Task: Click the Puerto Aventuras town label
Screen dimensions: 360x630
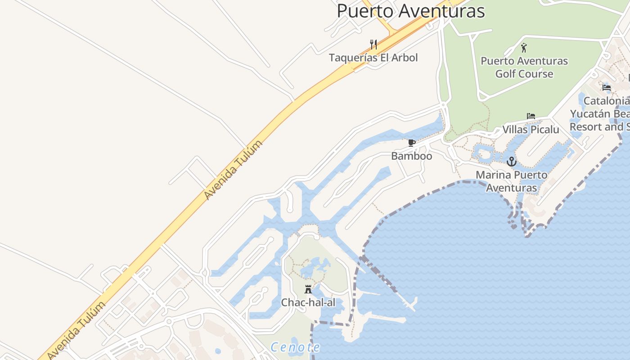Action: pos(410,11)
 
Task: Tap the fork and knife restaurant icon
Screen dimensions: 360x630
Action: pos(373,44)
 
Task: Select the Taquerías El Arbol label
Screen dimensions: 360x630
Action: pos(373,58)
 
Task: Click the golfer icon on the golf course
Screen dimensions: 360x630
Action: pos(524,48)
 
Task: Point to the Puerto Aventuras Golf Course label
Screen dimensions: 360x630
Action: pos(524,67)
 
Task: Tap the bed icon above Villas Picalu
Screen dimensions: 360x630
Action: pos(531,116)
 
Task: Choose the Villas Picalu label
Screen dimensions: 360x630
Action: pos(531,130)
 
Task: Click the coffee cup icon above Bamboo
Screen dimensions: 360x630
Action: pos(411,143)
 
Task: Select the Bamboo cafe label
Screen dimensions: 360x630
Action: pos(411,156)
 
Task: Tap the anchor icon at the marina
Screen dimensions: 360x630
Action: pos(511,162)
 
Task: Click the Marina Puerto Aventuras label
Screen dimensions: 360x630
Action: pos(512,181)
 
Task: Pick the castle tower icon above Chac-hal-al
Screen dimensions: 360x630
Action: pos(308,289)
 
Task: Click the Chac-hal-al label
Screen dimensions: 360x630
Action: pos(308,302)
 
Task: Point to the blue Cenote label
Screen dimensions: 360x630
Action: pos(295,347)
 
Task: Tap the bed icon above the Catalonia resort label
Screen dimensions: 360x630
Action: pos(607,87)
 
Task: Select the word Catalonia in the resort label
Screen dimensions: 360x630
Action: pos(606,101)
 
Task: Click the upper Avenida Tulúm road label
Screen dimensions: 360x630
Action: pos(233,171)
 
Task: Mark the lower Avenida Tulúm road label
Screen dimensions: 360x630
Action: pos(76,331)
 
